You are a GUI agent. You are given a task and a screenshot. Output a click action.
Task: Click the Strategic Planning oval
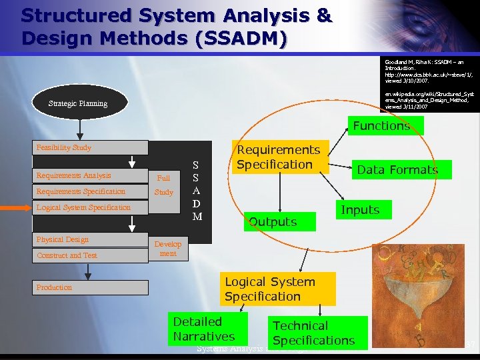pos(78,103)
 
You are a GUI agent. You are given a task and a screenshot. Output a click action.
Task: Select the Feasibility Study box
pos(91,147)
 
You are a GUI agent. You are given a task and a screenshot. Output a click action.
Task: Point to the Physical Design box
pos(91,239)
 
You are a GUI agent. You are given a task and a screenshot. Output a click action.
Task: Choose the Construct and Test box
pos(91,255)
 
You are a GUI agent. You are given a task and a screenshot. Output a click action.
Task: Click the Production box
pos(91,287)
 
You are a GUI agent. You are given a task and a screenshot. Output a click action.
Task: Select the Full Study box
pos(163,185)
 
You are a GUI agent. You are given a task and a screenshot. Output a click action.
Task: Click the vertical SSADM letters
pos(196,190)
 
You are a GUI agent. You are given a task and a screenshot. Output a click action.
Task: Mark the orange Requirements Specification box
pos(279,157)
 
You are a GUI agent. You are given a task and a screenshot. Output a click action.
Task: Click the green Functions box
pos(381,125)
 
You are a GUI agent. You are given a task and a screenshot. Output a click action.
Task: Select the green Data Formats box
pos(397,169)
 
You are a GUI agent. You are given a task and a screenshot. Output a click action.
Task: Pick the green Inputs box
pos(360,210)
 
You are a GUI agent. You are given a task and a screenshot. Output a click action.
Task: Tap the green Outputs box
pos(273,221)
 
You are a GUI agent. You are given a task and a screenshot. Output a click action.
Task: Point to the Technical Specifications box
pos(313,333)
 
